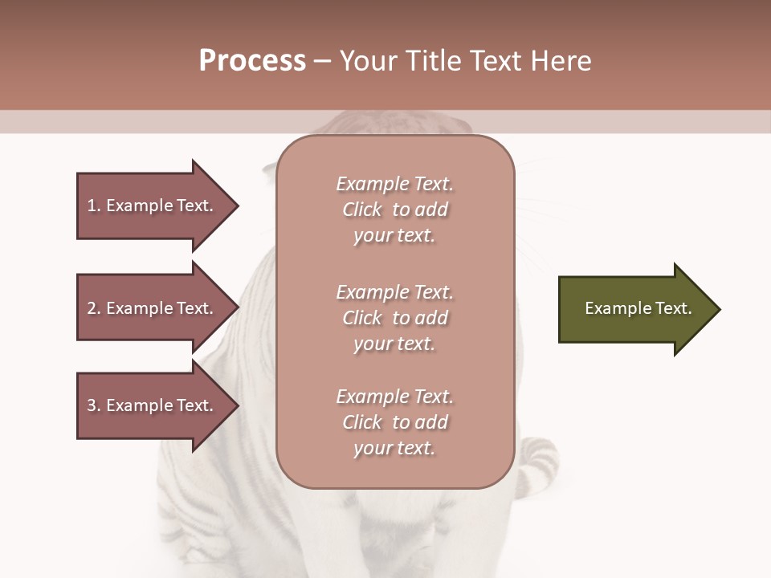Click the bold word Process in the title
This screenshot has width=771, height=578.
click(252, 61)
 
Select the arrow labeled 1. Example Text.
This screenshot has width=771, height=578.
click(153, 206)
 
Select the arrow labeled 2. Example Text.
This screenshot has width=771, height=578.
click(153, 308)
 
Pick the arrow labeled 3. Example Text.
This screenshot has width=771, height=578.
click(153, 405)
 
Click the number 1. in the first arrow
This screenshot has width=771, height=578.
click(94, 206)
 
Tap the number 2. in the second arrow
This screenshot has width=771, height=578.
click(94, 308)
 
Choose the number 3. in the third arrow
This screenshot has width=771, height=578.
click(94, 405)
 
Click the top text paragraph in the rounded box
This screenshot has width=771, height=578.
click(394, 210)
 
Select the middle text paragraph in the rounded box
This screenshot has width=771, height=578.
click(394, 318)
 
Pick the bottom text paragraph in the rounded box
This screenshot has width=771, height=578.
click(394, 422)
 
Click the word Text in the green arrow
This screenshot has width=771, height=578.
click(673, 308)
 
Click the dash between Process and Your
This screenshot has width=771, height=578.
click(323, 61)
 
